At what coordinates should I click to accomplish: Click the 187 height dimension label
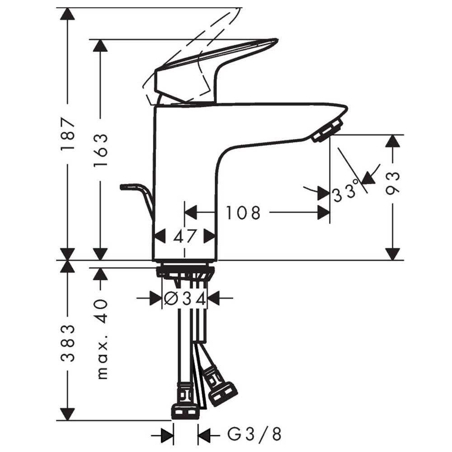click(x=68, y=133)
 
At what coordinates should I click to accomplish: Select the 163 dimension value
click(x=101, y=150)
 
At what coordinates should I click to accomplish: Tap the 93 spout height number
click(x=393, y=184)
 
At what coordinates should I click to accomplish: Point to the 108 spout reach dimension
click(x=243, y=213)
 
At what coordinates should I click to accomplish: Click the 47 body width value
click(x=184, y=237)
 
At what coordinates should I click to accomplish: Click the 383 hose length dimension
click(x=68, y=344)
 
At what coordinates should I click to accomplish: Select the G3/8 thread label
click(x=254, y=434)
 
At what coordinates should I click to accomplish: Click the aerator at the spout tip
click(x=327, y=131)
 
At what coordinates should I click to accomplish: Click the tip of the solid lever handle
click(x=277, y=39)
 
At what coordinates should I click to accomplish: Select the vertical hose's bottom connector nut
click(x=185, y=412)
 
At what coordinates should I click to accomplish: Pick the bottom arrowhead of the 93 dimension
click(x=393, y=254)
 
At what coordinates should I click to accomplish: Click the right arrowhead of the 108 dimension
click(x=324, y=213)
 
